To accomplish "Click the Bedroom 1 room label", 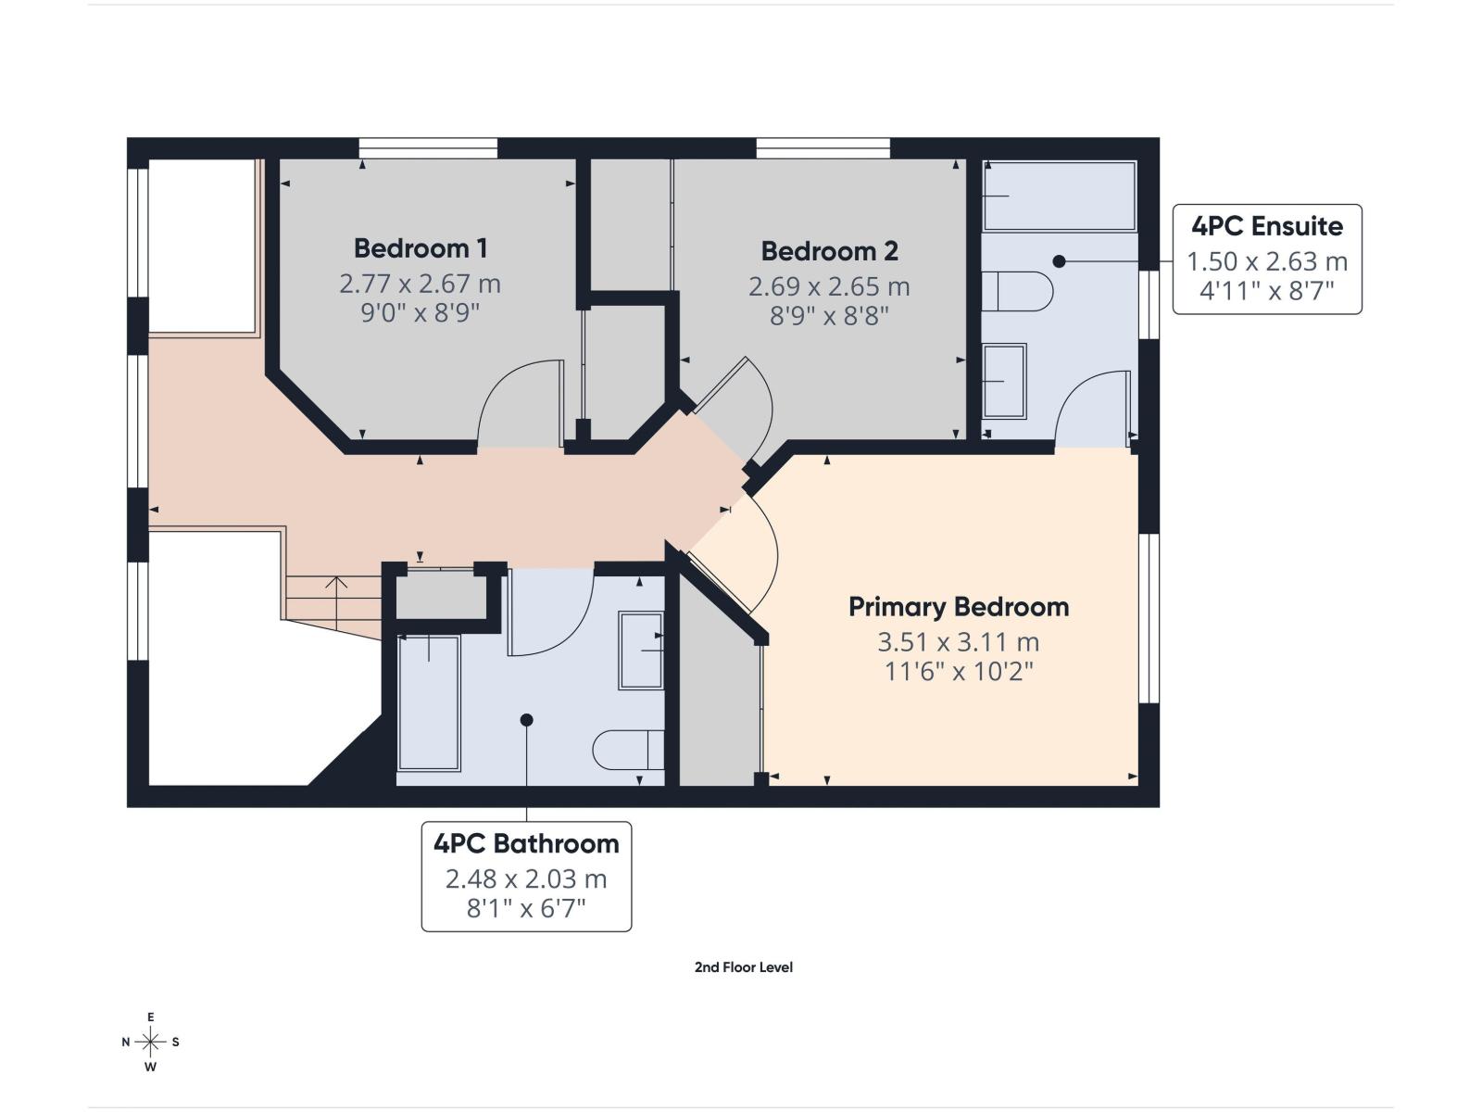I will point(420,248).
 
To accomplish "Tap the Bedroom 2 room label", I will point(829,251).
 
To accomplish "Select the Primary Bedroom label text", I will point(959,607).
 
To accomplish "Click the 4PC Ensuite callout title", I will point(1266,226).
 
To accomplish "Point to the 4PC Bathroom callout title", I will point(526,843).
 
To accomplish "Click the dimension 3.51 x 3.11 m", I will point(959,641).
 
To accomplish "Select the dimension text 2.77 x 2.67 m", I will point(420,283).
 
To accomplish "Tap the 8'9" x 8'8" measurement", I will point(829,316).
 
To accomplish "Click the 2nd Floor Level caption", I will point(743,967).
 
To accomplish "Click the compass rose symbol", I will point(150,1042).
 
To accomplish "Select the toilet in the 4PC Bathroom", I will point(628,750).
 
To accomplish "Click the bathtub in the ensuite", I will point(1059,196).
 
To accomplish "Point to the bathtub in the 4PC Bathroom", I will point(429,702).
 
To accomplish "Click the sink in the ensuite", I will point(1003,381).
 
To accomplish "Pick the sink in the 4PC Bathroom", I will point(641,650).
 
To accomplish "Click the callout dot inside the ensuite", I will point(1060,261).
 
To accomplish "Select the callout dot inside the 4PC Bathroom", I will point(526,720).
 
